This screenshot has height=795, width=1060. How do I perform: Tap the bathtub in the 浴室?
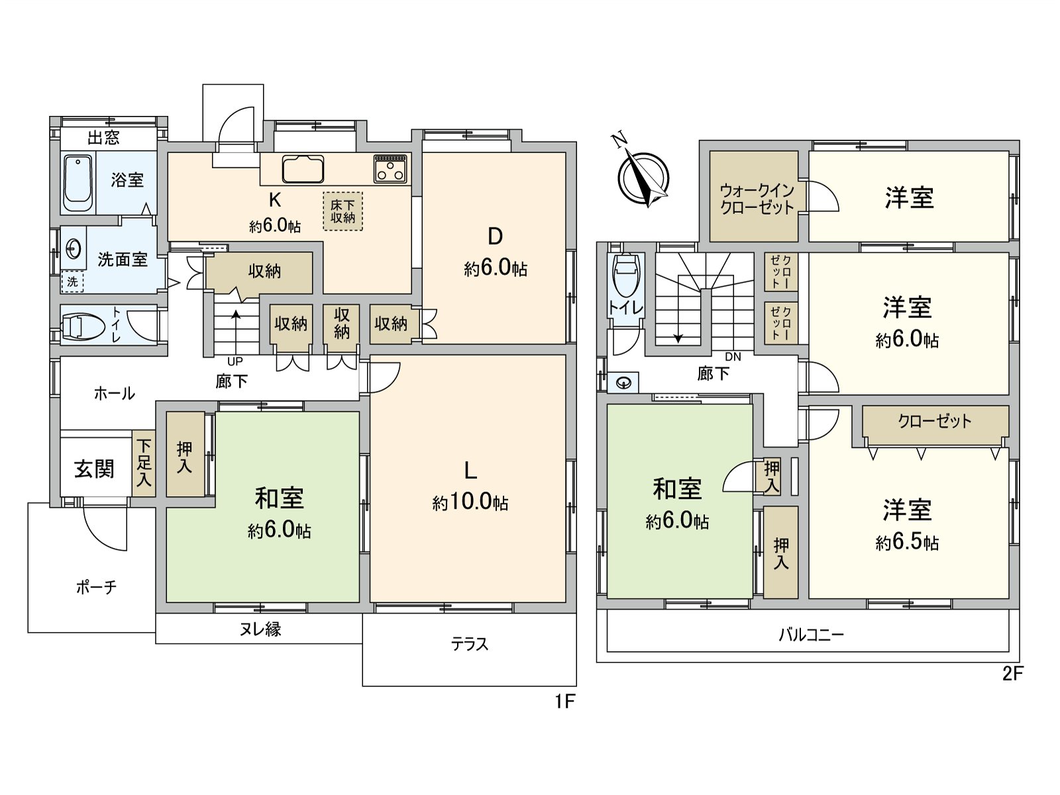[78, 182]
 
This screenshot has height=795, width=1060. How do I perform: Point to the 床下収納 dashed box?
[343, 211]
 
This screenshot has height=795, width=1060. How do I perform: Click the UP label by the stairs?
[235, 362]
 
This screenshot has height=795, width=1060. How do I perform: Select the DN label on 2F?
[733, 357]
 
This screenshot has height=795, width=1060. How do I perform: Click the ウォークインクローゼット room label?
[757, 199]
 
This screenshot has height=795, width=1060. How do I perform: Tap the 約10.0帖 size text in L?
[470, 503]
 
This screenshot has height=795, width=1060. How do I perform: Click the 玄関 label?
[94, 469]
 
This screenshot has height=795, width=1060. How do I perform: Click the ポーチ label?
[96, 587]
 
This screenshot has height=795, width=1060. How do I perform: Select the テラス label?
[469, 644]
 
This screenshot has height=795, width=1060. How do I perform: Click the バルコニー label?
[811, 635]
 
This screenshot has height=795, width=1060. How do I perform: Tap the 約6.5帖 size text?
[907, 543]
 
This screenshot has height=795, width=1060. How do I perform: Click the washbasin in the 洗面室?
[74, 249]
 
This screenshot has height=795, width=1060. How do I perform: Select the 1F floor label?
[564, 702]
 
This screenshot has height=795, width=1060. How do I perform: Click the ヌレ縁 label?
[260, 629]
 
